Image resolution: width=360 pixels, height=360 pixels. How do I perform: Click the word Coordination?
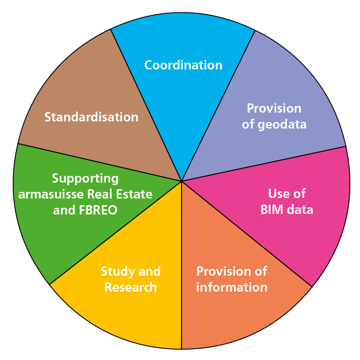183,65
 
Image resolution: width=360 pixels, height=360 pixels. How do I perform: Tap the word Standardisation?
92,117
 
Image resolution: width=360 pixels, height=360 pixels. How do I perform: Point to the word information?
232,287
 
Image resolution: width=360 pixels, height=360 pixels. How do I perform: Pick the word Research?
131,287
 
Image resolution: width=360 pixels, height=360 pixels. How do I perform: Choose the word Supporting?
85,178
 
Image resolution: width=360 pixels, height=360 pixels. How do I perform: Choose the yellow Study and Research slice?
129,319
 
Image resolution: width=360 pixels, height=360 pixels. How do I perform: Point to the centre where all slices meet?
182,181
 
